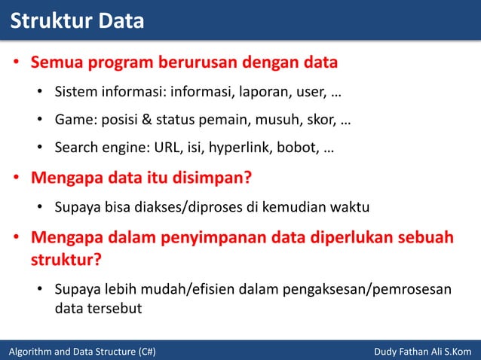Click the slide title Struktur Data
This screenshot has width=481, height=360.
coord(76,20)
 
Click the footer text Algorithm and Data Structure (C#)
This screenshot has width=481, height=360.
coord(81,351)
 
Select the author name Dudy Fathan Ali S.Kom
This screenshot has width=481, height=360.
coord(422,351)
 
